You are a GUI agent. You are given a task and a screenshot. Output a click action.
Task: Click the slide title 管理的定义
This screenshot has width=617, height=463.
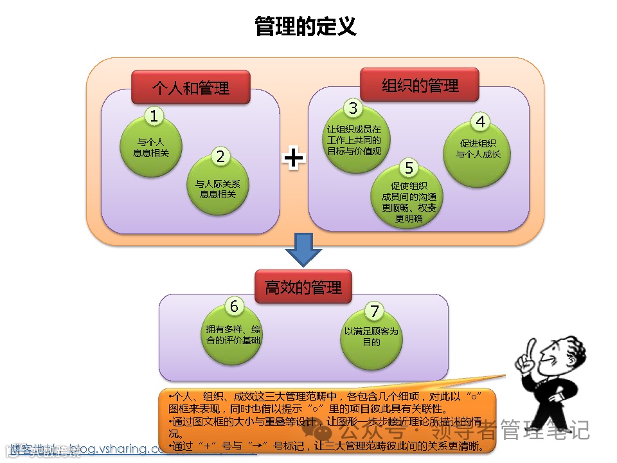coord(305,26)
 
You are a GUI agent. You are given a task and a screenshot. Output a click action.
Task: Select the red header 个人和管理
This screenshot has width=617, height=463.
coord(190,87)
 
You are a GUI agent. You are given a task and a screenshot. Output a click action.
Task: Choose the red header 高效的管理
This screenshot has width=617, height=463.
coord(303,287)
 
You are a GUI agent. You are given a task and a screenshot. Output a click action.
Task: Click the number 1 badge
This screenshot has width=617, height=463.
coord(154,116)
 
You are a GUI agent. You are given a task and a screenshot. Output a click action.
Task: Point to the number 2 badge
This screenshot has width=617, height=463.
coord(220,156)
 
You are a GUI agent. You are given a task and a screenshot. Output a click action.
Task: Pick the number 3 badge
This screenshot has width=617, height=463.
coord(353,107)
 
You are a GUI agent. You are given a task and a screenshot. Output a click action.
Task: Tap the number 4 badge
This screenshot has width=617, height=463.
coord(480,122)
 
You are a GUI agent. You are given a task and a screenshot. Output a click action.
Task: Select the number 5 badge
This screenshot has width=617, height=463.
coord(409,168)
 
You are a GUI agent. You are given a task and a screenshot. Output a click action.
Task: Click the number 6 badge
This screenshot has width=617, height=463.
coord(234,306)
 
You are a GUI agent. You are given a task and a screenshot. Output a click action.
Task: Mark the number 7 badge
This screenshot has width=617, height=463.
coord(374,311)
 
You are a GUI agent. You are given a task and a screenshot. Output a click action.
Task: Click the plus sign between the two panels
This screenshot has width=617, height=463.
coord(294,158)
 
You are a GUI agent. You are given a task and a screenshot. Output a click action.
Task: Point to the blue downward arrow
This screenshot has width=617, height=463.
coord(303,250)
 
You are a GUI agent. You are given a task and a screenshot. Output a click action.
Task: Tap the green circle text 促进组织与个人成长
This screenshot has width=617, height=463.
coord(478,150)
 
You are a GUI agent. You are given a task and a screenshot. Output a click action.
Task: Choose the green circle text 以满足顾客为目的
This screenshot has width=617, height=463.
coord(371,337)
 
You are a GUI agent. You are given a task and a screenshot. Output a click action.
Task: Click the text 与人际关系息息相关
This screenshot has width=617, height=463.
coord(222,188)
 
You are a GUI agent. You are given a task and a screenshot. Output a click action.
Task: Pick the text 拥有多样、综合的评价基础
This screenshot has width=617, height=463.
coord(234,334)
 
